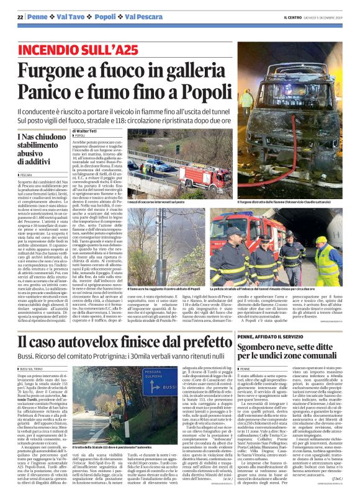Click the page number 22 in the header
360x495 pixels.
coord(20,16)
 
